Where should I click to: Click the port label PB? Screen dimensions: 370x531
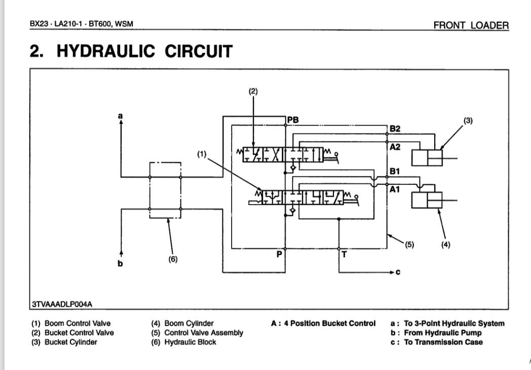pyautogui.click(x=292, y=120)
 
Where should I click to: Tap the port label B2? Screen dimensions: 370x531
pyautogui.click(x=395, y=129)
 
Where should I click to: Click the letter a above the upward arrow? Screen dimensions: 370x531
pyautogui.click(x=121, y=116)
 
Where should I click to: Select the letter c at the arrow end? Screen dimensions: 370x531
pyautogui.click(x=398, y=272)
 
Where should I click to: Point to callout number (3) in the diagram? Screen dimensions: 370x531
pyautogui.click(x=468, y=120)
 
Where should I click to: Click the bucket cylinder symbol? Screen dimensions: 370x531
pyautogui.click(x=427, y=158)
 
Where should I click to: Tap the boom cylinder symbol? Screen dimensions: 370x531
pyautogui.click(x=427, y=200)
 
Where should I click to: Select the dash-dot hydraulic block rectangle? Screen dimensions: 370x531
pyautogui.click(x=165, y=191)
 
